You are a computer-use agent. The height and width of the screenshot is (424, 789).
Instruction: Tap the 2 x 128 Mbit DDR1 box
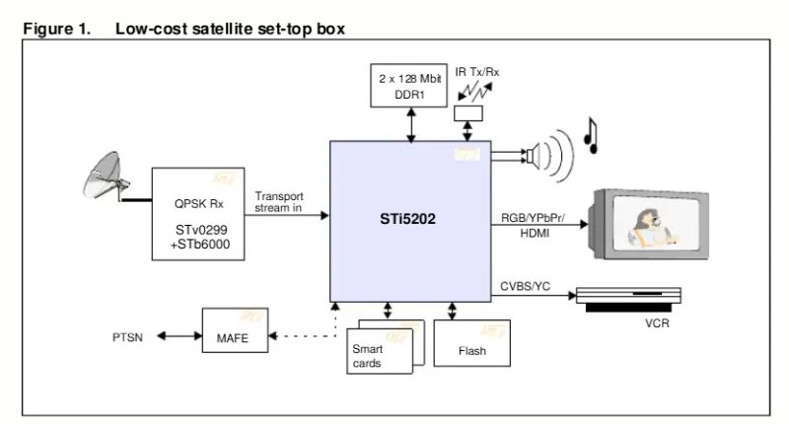point(406,84)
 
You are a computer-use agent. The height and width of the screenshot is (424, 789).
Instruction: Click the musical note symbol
point(591,135)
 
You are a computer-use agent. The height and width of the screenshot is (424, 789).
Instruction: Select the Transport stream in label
point(279,202)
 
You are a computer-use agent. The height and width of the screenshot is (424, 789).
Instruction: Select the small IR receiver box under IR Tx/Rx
point(467,114)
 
